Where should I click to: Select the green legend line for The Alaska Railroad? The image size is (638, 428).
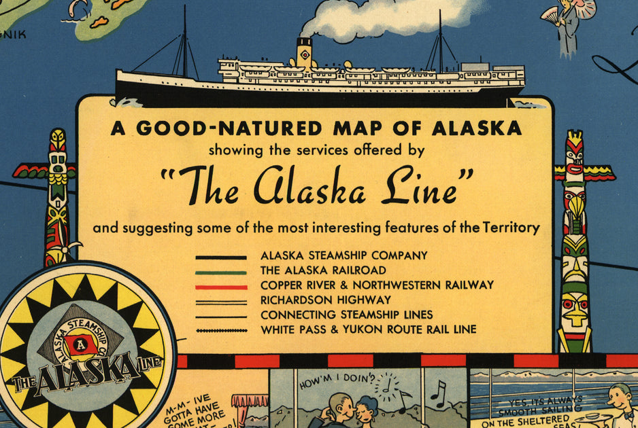[221, 272]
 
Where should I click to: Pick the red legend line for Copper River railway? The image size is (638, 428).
[221, 287]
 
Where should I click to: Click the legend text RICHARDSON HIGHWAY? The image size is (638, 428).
[325, 300]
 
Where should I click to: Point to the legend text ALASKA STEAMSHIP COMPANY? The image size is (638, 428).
[343, 256]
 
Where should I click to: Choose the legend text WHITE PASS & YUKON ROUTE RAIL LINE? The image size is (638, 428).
[368, 330]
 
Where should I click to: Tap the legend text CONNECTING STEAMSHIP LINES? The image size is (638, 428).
[346, 315]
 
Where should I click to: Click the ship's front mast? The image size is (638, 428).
[184, 41]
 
